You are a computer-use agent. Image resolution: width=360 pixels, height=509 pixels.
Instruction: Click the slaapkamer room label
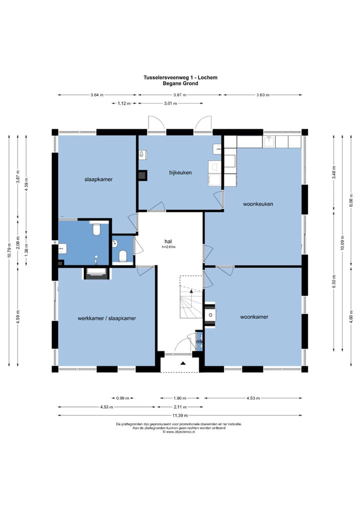pyautogui.click(x=98, y=179)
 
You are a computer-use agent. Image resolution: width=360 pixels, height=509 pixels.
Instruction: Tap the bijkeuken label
pyautogui.click(x=180, y=172)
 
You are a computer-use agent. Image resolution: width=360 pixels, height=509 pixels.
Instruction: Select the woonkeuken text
pyautogui.click(x=258, y=204)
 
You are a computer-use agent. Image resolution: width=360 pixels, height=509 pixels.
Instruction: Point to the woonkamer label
pyautogui.click(x=254, y=317)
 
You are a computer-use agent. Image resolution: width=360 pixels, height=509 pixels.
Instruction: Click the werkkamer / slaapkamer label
pyautogui.click(x=107, y=318)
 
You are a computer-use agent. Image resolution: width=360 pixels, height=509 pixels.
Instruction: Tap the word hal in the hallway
pyautogui.click(x=168, y=241)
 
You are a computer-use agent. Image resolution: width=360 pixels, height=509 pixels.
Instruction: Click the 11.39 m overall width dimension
pyautogui.click(x=180, y=415)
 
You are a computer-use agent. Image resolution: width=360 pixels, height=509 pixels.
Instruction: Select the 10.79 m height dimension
pyautogui.click(x=9, y=250)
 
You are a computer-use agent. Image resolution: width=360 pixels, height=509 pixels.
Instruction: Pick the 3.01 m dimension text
pyautogui.click(x=170, y=103)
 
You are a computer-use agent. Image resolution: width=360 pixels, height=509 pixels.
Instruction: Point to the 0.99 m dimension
pyautogui.click(x=122, y=398)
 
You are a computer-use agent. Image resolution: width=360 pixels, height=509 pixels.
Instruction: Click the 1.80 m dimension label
pyautogui.click(x=180, y=398)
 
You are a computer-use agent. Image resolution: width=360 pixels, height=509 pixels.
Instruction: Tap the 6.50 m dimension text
pyautogui.click(x=334, y=281)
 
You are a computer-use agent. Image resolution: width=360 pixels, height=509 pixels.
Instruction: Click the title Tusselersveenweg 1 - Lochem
pyautogui.click(x=180, y=77)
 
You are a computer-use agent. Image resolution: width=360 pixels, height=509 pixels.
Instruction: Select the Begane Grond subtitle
pyautogui.click(x=180, y=83)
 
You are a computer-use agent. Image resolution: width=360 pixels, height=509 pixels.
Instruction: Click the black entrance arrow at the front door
pyautogui.click(x=183, y=363)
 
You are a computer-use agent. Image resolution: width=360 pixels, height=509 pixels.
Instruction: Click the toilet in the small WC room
pyautogui.click(x=122, y=256)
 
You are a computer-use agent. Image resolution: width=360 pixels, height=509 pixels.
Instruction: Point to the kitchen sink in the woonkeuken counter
pyautogui.click(x=269, y=142)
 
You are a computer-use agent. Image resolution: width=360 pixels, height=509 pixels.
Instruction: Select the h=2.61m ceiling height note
pyautogui.click(x=168, y=247)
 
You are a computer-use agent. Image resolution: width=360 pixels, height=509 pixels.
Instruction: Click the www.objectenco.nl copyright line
pyautogui.click(x=179, y=432)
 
